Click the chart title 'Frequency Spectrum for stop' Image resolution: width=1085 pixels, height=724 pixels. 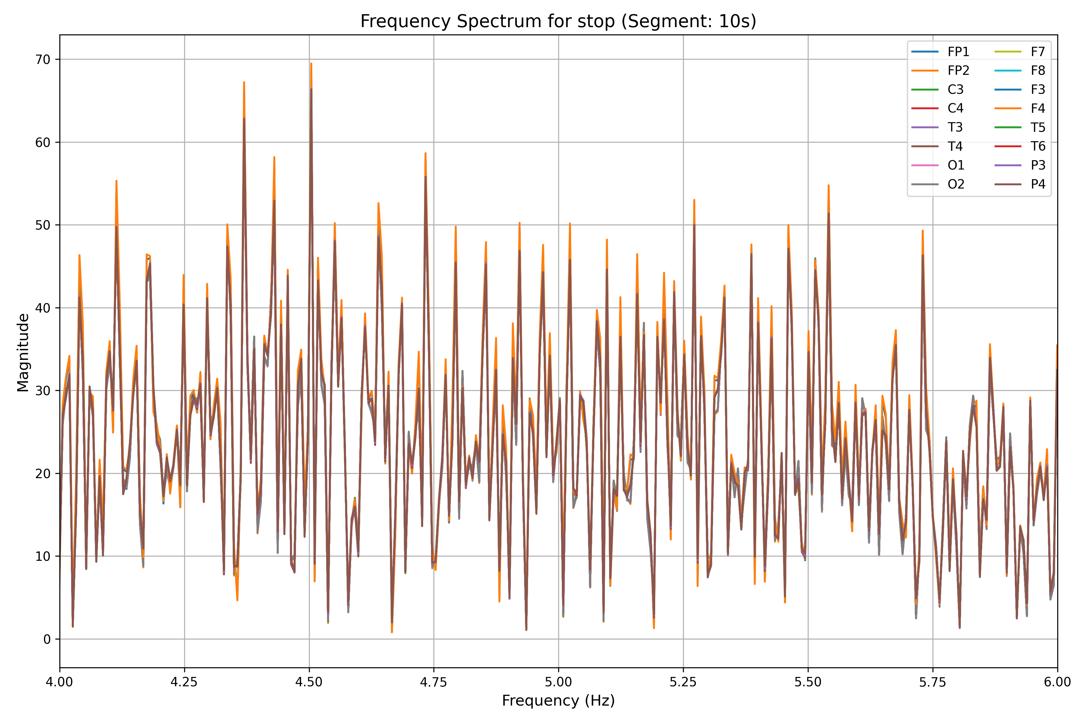click(558, 21)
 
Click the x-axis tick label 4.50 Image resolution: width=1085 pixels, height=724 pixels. click(309, 682)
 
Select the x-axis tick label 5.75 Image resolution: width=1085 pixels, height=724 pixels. click(932, 682)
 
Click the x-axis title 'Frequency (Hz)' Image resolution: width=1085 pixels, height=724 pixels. click(558, 701)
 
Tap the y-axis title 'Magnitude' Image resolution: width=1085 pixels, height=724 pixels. click(23, 352)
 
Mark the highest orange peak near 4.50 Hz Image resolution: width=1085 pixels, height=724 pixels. click(311, 64)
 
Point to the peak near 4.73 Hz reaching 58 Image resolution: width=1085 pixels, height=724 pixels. click(425, 153)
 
